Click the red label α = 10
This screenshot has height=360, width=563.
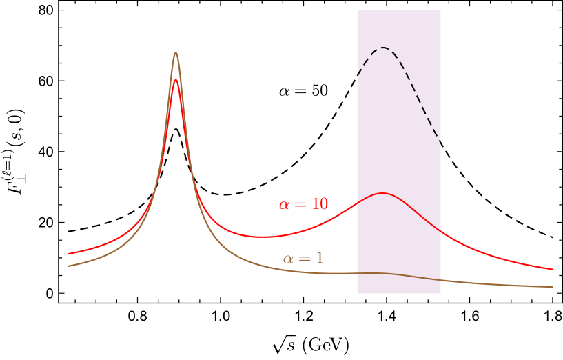point(303,204)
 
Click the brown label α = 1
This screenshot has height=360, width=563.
point(303,259)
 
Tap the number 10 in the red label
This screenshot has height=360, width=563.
point(320,204)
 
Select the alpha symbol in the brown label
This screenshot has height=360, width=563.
point(289,259)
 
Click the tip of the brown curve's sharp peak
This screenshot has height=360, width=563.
point(176,52)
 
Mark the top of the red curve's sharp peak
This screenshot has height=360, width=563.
point(176,80)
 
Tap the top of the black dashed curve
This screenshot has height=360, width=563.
point(383,48)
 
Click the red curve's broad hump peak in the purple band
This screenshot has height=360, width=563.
point(382,193)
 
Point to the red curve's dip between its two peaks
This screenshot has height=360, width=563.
point(262,237)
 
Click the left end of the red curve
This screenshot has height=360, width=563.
point(68,254)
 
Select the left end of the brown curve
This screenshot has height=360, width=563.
point(68,266)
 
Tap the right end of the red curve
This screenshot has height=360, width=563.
point(553,270)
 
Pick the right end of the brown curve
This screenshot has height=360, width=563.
point(553,287)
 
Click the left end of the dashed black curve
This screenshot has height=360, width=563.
point(357,74)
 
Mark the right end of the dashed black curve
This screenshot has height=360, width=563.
point(440,143)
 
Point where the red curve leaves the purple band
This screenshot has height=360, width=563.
point(440,226)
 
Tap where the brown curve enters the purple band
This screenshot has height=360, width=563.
point(357,273)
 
